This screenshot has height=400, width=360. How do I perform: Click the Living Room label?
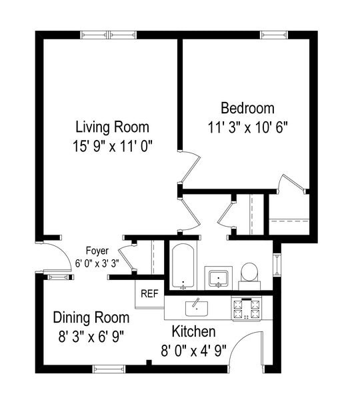112,127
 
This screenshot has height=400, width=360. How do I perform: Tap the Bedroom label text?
247,107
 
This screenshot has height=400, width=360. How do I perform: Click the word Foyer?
86,251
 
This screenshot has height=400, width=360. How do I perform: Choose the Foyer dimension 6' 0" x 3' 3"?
96,262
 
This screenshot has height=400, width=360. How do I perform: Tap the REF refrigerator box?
149,293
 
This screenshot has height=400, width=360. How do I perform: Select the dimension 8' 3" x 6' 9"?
89,334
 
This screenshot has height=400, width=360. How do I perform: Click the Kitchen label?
194,331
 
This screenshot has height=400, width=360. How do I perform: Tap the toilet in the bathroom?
249,273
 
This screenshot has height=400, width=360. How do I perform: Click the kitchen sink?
197,307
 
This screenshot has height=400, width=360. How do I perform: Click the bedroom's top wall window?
272,35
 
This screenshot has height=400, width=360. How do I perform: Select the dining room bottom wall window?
109,368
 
